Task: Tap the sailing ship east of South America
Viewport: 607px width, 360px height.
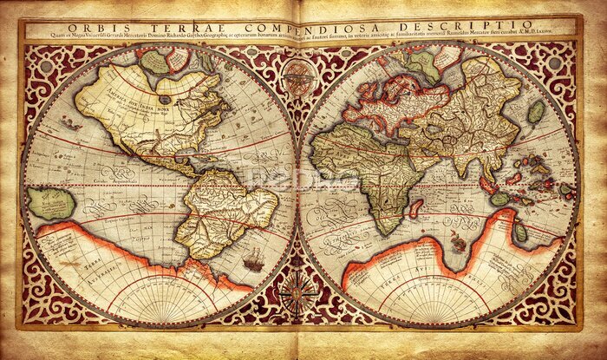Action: coord(254,259)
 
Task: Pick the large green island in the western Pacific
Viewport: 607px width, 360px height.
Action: coord(52,203)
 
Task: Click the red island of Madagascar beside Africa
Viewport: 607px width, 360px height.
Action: coord(417,208)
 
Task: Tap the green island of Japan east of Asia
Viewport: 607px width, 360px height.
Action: coord(536,111)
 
